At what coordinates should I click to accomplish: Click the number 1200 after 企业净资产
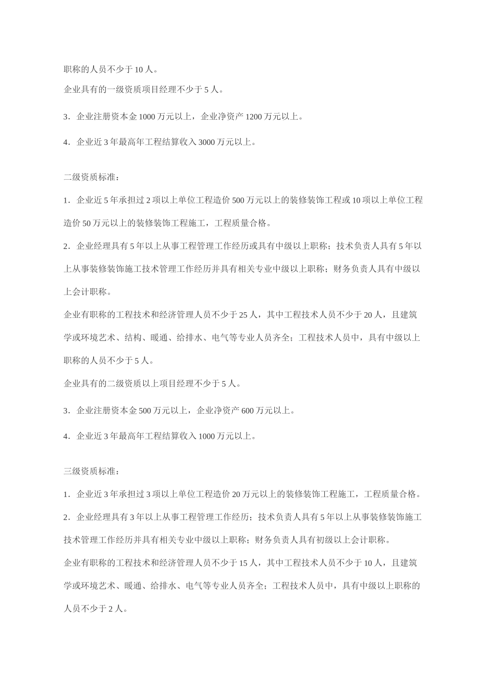click(254, 117)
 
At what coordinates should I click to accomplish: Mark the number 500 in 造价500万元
click(238, 200)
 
